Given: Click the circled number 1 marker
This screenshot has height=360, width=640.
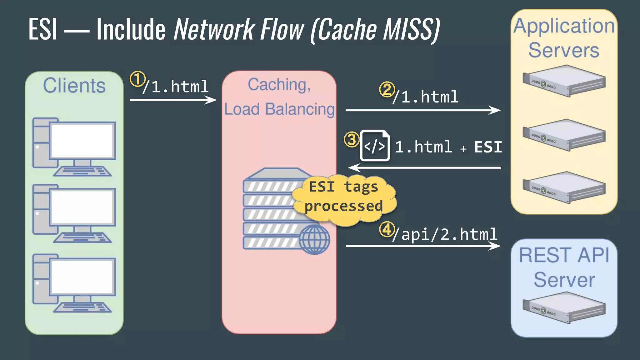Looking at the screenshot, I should [137, 79].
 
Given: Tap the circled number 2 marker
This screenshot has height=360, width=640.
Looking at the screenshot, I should [387, 89].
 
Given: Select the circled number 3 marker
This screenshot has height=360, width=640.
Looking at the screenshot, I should [352, 139].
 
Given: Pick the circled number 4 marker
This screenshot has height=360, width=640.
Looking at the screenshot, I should [387, 230].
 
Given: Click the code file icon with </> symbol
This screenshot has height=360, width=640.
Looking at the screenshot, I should [375, 146].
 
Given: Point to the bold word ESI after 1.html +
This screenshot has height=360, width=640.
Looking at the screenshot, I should [488, 147].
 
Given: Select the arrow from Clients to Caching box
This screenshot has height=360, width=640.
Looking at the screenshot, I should [173, 100].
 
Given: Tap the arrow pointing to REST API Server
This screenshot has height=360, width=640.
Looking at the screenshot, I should [423, 246].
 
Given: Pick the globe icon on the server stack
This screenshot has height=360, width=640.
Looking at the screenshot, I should [314, 239].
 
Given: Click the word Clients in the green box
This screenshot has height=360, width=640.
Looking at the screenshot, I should [74, 85].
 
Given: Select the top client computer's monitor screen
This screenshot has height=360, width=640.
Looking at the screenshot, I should [82, 141].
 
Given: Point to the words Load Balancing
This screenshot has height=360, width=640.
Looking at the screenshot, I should [279, 109].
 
